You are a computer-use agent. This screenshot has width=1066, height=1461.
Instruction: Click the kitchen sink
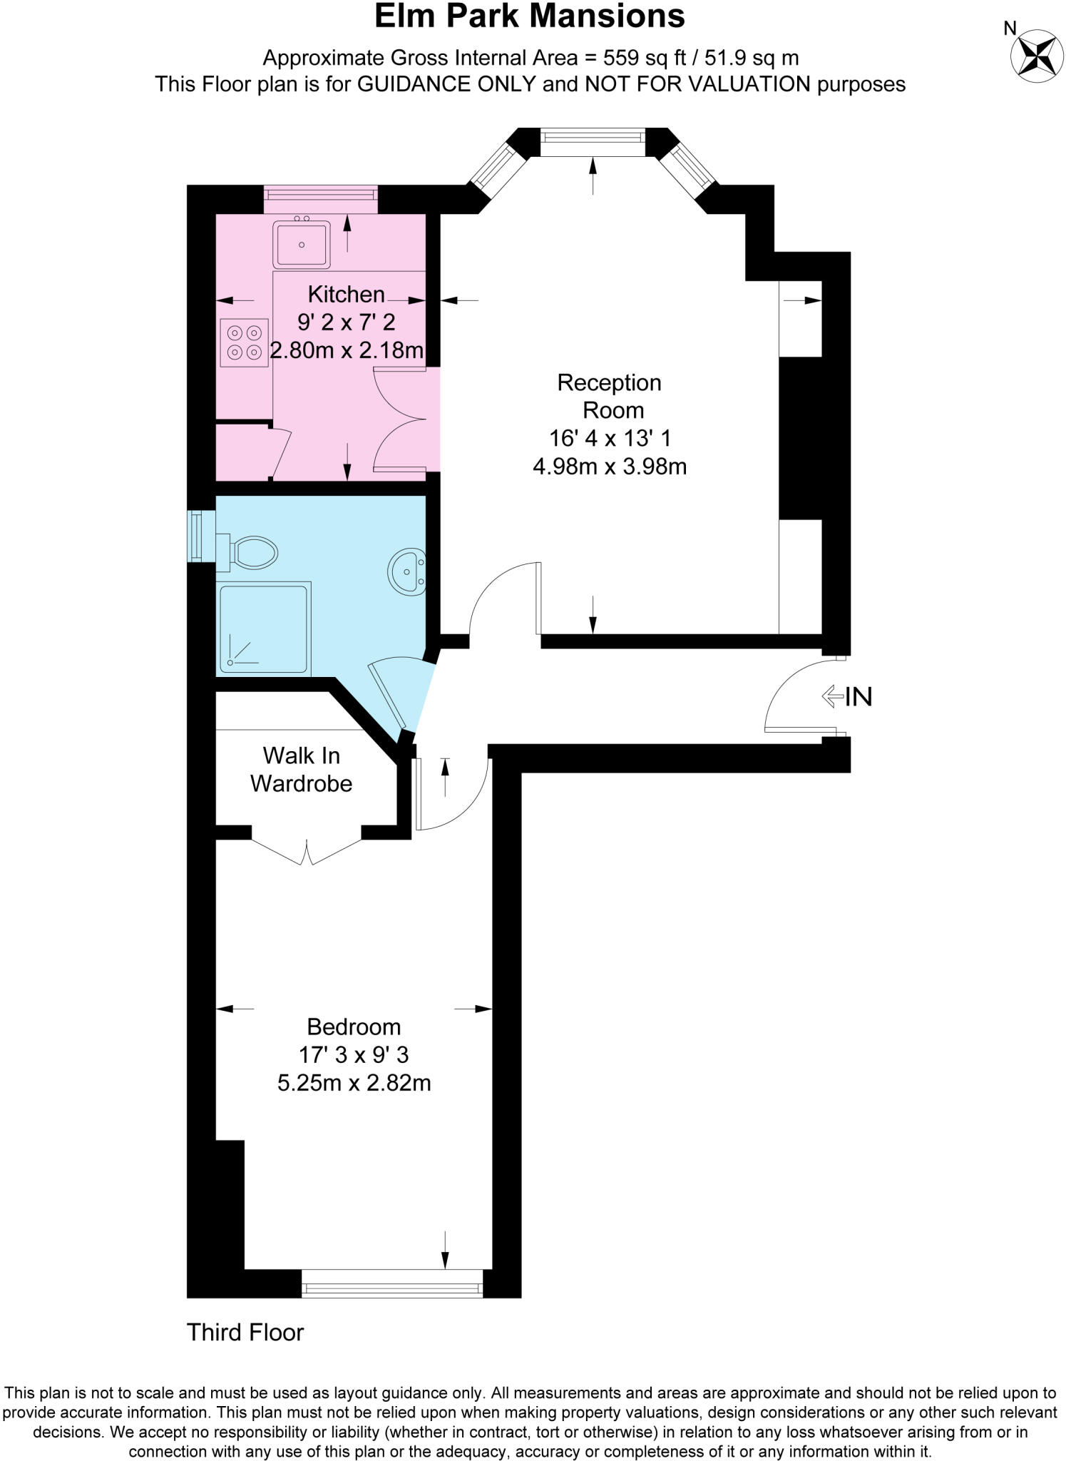(x=302, y=244)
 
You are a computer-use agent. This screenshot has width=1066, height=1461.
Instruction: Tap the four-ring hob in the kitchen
(x=244, y=342)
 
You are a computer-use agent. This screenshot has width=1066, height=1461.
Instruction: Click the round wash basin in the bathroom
(x=408, y=571)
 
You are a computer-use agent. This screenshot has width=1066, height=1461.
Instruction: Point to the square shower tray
(x=265, y=628)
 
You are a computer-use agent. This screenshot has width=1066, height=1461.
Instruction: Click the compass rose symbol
(x=1037, y=56)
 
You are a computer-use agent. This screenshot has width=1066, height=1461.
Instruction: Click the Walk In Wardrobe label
(x=301, y=769)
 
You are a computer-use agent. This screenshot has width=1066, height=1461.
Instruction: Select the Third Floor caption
(x=245, y=1332)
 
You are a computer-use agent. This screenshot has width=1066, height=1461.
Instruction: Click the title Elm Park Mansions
(x=530, y=17)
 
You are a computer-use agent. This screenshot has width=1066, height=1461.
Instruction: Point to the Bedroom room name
(x=354, y=1027)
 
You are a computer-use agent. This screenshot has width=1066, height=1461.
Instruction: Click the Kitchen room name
(x=346, y=294)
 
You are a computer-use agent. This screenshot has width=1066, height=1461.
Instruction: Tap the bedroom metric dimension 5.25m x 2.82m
(x=354, y=1083)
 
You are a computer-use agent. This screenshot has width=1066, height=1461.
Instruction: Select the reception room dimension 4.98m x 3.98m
(x=610, y=467)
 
